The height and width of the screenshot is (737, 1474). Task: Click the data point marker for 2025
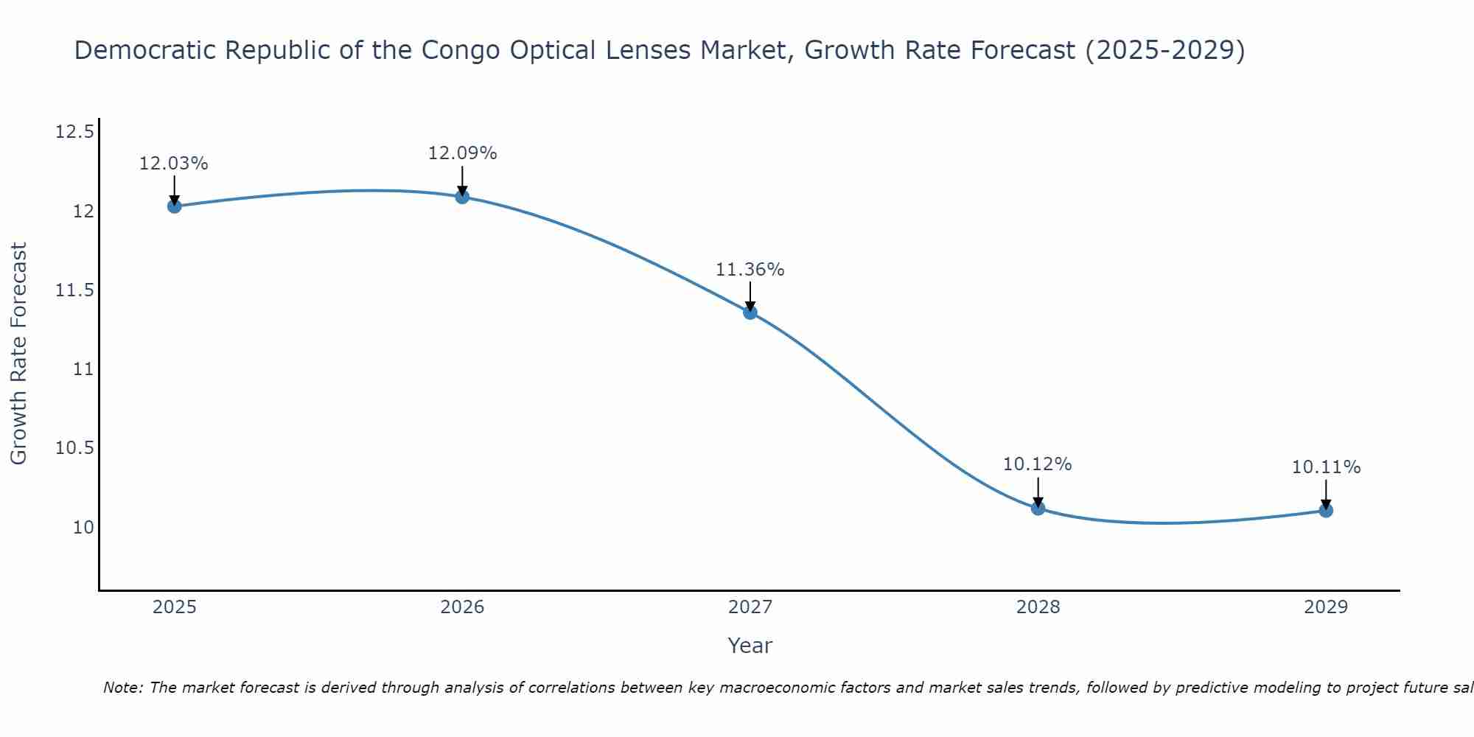[174, 206]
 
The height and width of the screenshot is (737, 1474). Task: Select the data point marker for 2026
[462, 196]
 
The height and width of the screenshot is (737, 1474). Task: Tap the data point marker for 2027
[750, 312]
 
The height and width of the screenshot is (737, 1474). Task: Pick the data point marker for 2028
[1038, 508]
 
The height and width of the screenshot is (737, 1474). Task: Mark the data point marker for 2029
[1326, 510]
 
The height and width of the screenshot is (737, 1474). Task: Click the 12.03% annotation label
[174, 164]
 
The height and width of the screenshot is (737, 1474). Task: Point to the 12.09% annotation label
[462, 153]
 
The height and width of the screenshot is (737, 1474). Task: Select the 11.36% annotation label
[750, 270]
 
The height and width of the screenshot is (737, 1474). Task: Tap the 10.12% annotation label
[1038, 464]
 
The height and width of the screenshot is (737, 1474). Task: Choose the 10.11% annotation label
[1326, 467]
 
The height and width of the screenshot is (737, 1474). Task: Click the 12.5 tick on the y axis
[75, 133]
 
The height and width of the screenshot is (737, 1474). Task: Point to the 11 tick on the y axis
[84, 369]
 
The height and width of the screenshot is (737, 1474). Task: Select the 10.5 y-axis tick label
[75, 448]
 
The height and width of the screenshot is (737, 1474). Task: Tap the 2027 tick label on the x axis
[750, 607]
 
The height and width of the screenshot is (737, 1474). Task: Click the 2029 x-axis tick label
[1326, 607]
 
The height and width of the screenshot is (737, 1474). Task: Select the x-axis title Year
[750, 646]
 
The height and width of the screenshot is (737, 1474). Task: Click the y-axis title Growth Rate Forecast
[19, 353]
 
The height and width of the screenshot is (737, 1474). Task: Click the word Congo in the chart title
[453, 51]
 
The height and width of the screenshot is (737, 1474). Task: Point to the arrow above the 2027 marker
[750, 296]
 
